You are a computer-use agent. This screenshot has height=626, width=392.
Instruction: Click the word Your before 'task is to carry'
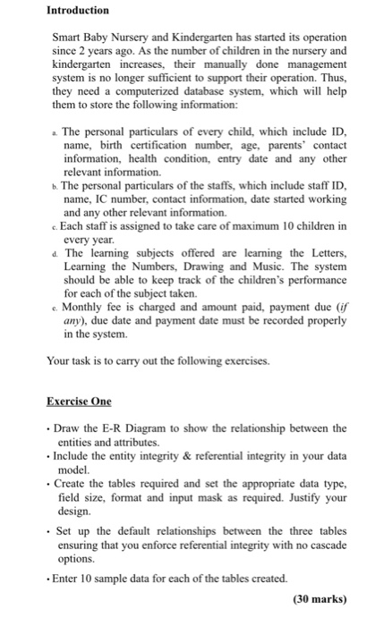point(61,363)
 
